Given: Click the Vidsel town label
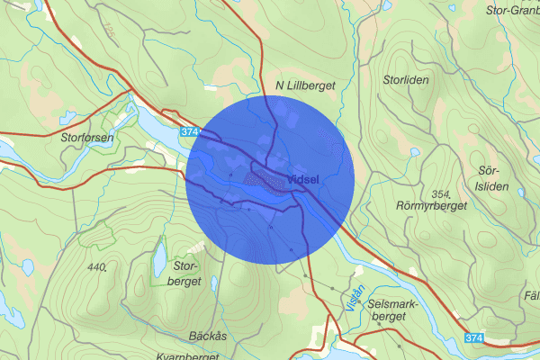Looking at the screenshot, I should coord(305,177).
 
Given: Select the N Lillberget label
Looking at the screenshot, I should coord(305,86).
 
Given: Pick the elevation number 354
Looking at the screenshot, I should coord(440,194).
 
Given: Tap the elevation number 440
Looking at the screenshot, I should coord(98,266).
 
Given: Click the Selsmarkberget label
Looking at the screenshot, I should coord(394,310).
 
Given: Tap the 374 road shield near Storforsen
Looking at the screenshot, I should coord(189,132).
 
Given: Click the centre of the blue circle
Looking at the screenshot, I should coord(271,180).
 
